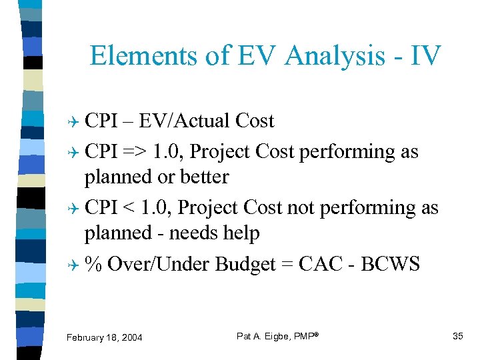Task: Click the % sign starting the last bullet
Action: [x=93, y=264]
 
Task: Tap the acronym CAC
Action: [x=321, y=264]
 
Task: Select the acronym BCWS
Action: [x=390, y=264]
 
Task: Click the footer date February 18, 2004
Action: [x=104, y=338]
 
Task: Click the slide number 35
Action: [x=457, y=336]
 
